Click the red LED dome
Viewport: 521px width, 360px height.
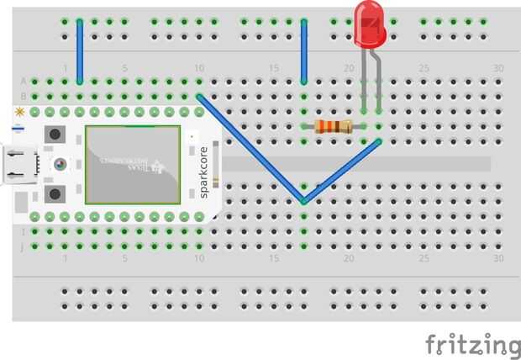click(371, 23)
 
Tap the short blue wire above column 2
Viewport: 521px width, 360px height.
click(80, 50)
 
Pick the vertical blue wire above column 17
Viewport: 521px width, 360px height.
click(303, 50)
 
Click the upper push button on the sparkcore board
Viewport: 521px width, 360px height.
click(55, 134)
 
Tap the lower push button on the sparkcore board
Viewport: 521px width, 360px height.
click(55, 194)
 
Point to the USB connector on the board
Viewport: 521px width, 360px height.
click(14, 166)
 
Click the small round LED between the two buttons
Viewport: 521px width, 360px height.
click(61, 165)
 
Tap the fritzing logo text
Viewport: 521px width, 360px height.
click(471, 345)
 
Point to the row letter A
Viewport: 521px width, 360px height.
click(23, 81)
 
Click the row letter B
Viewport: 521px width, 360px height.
click(23, 96)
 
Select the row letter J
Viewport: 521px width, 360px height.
click(23, 246)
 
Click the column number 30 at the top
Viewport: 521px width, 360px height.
click(498, 68)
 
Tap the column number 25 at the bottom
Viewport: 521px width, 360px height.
click(424, 259)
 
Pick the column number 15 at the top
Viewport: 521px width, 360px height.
click(274, 68)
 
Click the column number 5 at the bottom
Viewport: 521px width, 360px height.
click(124, 259)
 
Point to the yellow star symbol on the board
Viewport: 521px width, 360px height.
click(18, 111)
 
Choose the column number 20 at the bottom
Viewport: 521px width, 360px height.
click(349, 259)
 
